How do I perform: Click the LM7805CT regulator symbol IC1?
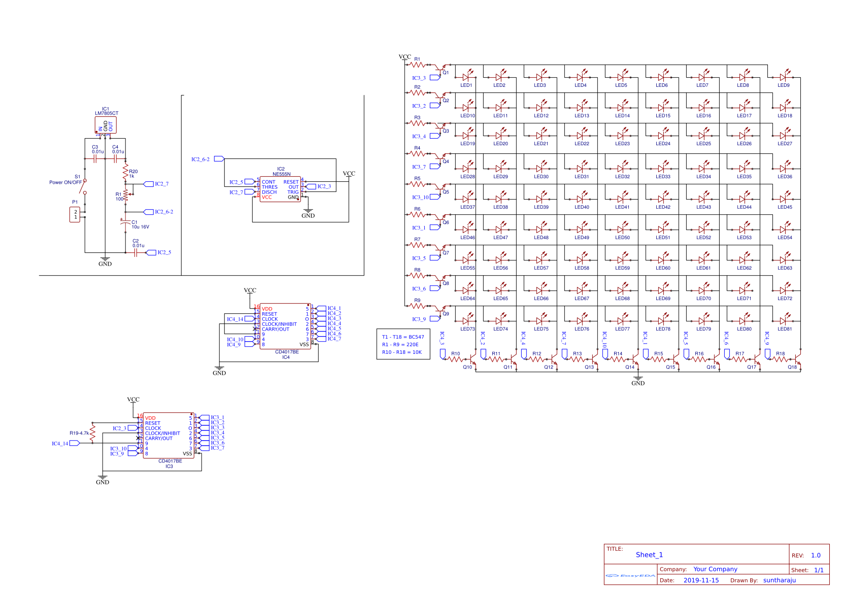coord(106,125)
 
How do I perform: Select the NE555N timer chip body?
coord(281,189)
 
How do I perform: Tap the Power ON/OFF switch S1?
coord(85,186)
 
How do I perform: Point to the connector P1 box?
coord(75,214)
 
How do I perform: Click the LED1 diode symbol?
coord(466,77)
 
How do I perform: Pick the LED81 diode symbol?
coord(783,321)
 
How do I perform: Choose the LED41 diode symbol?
coord(621,199)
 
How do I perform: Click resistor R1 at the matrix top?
coord(417,65)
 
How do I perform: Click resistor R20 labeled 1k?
coord(125,172)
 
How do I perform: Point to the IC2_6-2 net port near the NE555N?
coord(219,159)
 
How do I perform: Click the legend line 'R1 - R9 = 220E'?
coord(400,345)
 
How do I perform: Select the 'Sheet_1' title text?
coord(649,555)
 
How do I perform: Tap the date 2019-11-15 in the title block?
coord(701,580)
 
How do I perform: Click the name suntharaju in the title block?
coord(779,580)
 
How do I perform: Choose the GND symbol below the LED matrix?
coord(638,379)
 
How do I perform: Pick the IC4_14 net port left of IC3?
coord(74,443)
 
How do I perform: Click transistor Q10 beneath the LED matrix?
coord(472,360)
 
